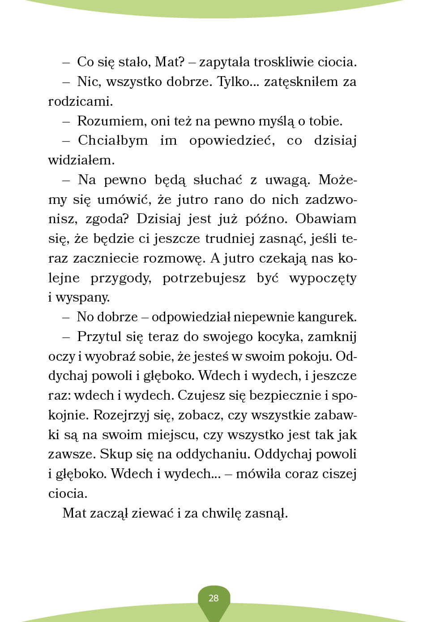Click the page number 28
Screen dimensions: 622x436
coord(214,598)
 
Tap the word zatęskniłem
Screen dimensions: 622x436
coord(301,82)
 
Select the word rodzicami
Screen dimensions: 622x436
coord(80,101)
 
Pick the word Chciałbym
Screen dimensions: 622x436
coord(113,141)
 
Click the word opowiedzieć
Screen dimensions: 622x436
coord(232,141)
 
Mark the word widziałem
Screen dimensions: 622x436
coord(81,160)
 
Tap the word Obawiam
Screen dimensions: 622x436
coord(326,219)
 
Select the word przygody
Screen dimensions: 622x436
coord(121,278)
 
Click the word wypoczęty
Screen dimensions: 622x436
coord(323,278)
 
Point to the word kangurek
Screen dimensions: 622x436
coord(327,317)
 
